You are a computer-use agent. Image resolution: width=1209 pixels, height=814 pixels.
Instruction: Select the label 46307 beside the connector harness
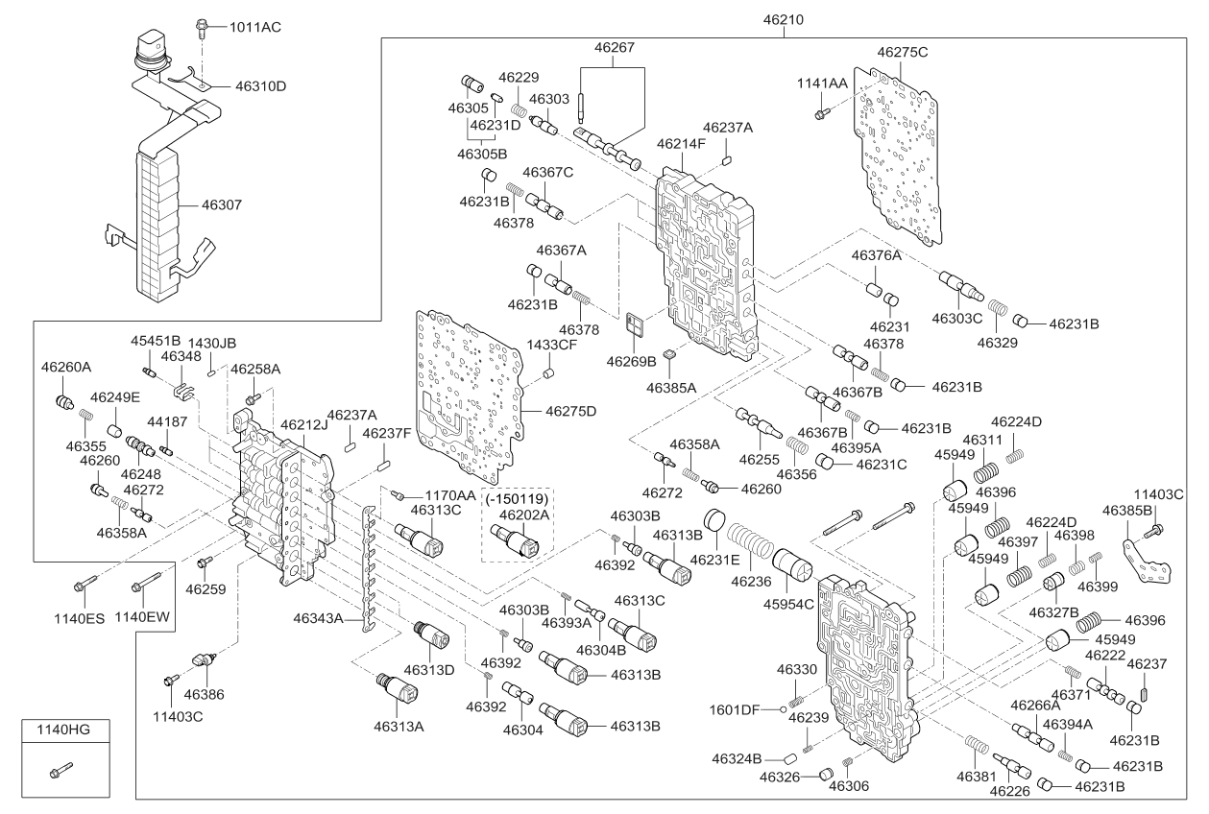tap(222, 204)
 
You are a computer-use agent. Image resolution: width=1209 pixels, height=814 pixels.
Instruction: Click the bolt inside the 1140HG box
tap(62, 769)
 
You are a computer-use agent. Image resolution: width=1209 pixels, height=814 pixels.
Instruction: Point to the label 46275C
tap(903, 52)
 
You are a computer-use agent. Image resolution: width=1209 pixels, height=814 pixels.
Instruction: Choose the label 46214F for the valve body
tap(681, 144)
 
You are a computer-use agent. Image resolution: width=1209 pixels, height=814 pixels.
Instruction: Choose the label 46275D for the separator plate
tap(571, 411)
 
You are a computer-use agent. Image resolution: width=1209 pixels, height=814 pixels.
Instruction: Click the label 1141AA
tap(822, 84)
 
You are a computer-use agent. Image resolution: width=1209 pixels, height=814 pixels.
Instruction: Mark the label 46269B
tap(631, 362)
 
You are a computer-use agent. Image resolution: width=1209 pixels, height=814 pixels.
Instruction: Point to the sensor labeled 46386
tap(202, 661)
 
